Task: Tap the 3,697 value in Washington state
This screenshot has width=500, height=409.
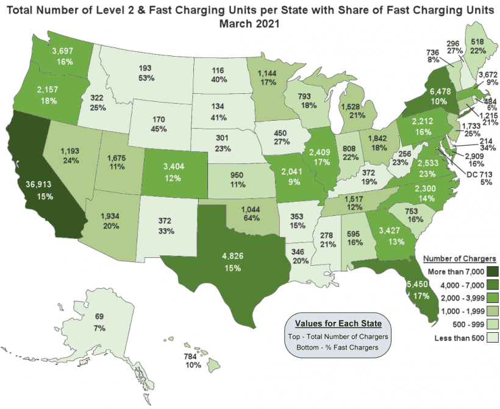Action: (64, 51)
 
